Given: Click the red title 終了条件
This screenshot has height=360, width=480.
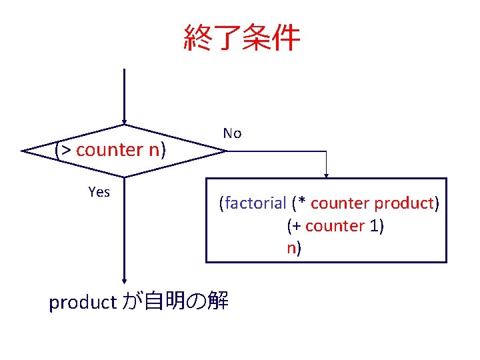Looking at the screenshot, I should click(x=241, y=39).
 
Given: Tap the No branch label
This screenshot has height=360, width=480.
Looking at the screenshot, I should click(x=232, y=133).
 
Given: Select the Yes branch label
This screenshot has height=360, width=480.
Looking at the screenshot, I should click(x=99, y=192).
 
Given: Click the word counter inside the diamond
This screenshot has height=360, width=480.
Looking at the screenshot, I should click(x=109, y=150).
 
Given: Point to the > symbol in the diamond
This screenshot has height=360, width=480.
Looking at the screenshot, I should click(x=66, y=150).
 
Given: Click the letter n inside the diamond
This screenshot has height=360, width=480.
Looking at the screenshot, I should click(x=153, y=150).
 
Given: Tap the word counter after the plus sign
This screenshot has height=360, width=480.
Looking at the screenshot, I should click(x=335, y=226).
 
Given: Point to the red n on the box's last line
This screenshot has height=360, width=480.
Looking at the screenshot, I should click(x=291, y=249).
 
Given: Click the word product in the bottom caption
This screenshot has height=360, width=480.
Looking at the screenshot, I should click(x=83, y=303).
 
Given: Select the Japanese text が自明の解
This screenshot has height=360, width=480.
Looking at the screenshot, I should click(x=175, y=302).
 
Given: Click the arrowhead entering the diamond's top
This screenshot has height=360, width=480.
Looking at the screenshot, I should click(x=124, y=122).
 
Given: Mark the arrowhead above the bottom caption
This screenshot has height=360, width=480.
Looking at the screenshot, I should click(x=124, y=281).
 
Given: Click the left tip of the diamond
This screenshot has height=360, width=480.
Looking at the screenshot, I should click(x=24, y=151).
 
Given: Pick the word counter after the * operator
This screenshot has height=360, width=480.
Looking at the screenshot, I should click(x=340, y=203).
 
